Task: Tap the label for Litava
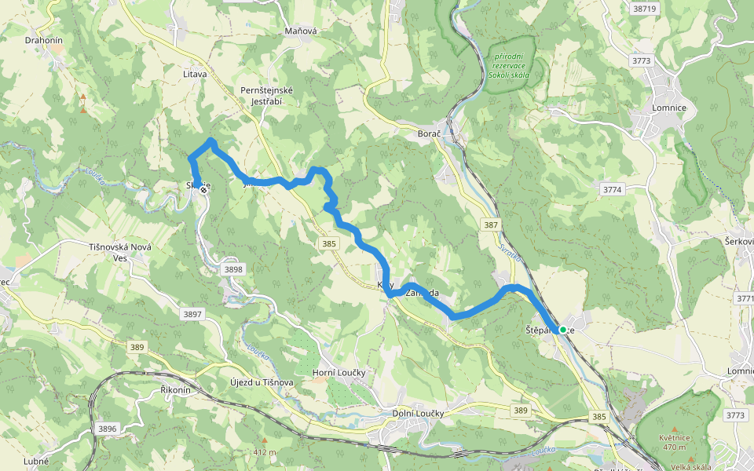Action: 194,74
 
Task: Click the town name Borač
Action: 429,134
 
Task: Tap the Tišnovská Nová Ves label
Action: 120,252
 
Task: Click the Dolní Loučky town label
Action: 418,413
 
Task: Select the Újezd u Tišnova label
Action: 261,382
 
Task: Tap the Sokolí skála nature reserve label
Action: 508,66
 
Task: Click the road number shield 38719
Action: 643,9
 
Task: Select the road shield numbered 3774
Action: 613,190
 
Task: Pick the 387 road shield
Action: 491,225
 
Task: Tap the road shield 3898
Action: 233,269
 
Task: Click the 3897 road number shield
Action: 192,314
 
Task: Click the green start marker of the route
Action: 562,330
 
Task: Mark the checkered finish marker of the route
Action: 203,189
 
